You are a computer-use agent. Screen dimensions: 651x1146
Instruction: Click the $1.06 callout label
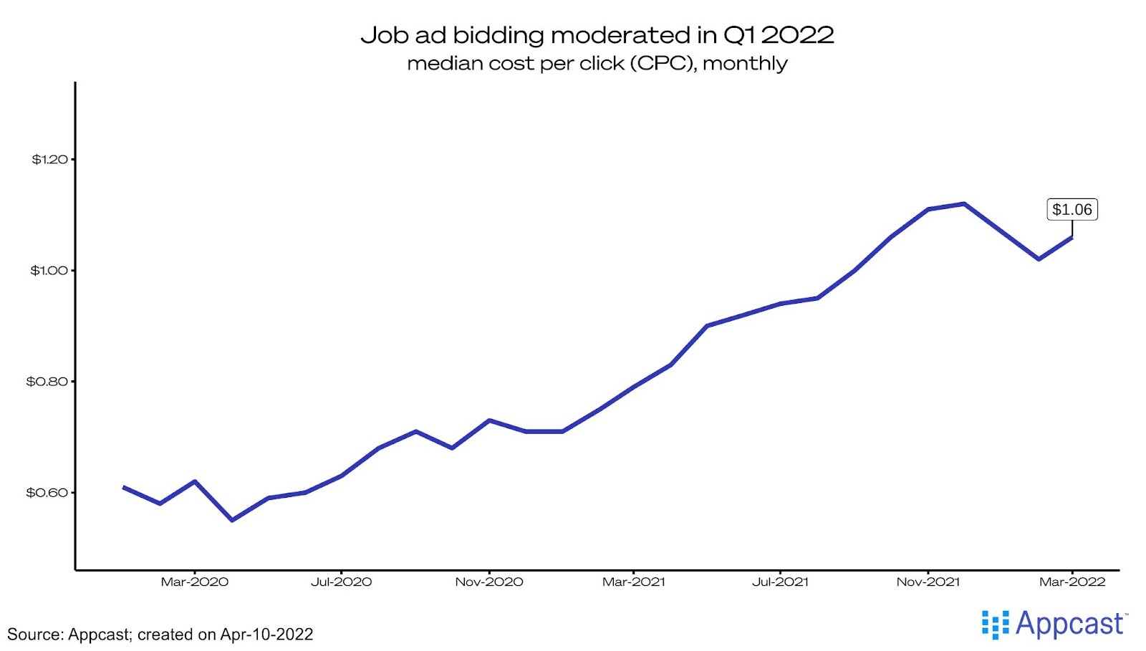click(1072, 210)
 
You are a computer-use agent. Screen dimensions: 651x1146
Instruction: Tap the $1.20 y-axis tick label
click(49, 159)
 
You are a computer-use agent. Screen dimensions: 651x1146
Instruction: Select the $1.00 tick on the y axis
click(49, 270)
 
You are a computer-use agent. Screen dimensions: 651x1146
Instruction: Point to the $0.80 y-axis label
click(47, 381)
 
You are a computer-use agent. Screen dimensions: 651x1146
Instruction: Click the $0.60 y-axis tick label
click(47, 492)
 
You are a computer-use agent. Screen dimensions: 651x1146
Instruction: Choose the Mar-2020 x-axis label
click(194, 582)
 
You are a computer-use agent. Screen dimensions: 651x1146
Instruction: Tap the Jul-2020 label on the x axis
click(341, 582)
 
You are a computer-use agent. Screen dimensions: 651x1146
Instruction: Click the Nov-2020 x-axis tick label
click(489, 582)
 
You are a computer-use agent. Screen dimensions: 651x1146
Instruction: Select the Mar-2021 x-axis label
click(634, 582)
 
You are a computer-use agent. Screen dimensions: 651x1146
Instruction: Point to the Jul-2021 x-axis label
click(780, 582)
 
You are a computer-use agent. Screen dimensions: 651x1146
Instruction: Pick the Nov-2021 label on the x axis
click(928, 582)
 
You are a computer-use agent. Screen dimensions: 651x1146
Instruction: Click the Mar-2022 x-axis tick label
click(1072, 582)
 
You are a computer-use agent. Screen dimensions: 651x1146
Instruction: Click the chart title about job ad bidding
click(597, 34)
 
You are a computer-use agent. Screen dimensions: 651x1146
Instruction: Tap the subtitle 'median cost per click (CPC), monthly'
click(597, 63)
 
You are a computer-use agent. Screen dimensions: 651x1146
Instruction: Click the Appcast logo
click(1054, 625)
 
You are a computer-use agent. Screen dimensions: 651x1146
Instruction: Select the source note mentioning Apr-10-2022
click(160, 635)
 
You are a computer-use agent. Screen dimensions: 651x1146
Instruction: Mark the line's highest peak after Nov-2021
click(964, 203)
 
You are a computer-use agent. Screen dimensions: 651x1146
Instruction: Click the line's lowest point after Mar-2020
click(231, 520)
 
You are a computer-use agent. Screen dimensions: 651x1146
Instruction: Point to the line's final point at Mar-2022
click(1072, 236)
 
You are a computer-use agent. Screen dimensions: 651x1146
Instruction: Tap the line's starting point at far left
click(124, 487)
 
